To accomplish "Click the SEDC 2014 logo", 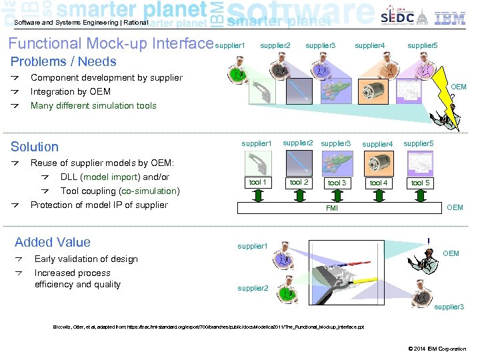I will [x=397, y=17].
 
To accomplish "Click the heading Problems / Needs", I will [x=63, y=62].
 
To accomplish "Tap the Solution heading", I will [x=35, y=147].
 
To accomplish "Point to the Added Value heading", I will [x=53, y=242].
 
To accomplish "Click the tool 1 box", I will [x=257, y=183].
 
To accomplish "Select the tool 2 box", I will [x=299, y=183].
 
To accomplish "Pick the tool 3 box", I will [x=337, y=183].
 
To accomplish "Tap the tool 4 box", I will [x=379, y=183].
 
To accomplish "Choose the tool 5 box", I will [x=421, y=183].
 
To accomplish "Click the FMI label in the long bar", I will [x=331, y=208].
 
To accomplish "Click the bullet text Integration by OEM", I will [x=71, y=91].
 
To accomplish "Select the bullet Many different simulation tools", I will [x=93, y=105].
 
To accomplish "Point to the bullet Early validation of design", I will [x=86, y=259].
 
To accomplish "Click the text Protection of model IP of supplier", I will [x=99, y=205].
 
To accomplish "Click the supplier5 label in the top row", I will [x=422, y=46].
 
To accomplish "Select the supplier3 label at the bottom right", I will [x=449, y=307].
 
